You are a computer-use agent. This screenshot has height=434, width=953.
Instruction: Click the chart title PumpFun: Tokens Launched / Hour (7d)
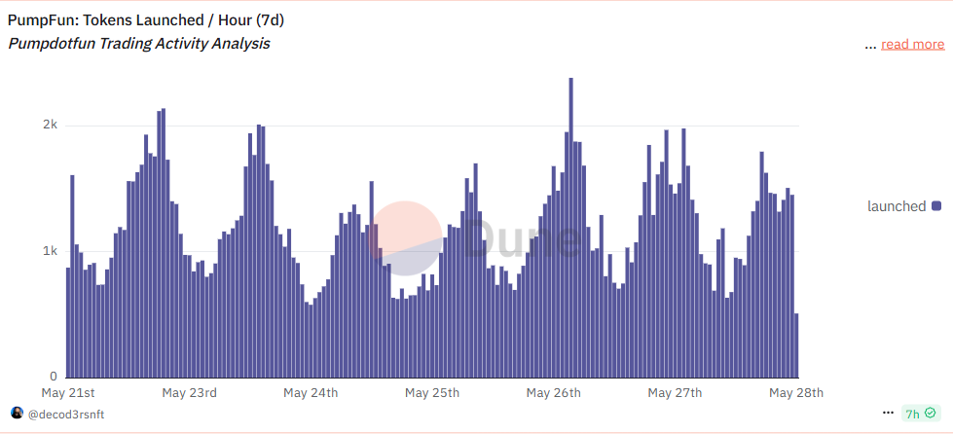click(146, 19)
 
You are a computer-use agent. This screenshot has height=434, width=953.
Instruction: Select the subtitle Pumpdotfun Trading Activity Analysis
click(139, 44)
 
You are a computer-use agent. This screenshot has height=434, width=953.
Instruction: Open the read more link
click(912, 44)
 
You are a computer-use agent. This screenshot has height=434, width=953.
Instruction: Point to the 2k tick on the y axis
click(50, 126)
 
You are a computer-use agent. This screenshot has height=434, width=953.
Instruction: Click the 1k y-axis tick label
click(50, 251)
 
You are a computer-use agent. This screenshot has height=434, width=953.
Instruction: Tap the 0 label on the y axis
click(55, 377)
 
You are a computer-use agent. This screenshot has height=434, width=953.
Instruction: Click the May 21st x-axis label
click(68, 393)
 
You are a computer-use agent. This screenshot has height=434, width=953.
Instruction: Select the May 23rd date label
click(189, 393)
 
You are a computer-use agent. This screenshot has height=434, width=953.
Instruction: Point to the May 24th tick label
click(311, 393)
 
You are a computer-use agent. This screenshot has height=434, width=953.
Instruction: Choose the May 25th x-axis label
click(432, 393)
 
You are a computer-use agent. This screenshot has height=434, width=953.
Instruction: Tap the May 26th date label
click(553, 393)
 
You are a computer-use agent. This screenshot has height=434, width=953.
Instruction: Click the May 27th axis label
click(675, 393)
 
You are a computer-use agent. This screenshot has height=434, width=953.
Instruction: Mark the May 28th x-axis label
click(796, 393)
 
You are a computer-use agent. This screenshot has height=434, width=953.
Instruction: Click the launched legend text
click(897, 206)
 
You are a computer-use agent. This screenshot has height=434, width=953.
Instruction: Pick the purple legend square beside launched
click(936, 206)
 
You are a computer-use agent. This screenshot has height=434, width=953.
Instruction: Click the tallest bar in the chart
click(570, 228)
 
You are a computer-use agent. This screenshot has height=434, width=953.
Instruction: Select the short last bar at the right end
click(796, 345)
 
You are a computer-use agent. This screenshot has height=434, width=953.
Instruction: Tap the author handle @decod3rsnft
click(66, 415)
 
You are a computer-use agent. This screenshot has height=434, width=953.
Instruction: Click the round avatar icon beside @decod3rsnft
click(17, 414)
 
